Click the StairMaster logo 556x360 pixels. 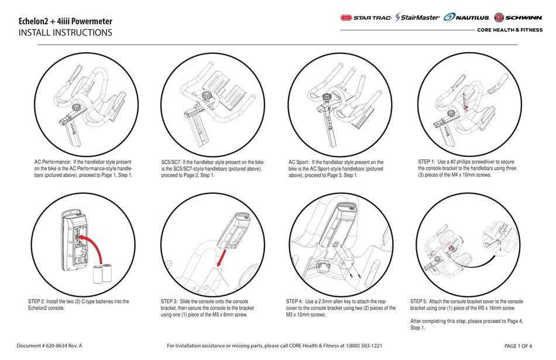pyautogui.click(x=417, y=18)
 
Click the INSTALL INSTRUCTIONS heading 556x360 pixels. pyautogui.click(x=65, y=33)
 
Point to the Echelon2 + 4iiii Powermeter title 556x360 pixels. pyautogui.click(x=65, y=22)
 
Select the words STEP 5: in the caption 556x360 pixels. pyautogui.click(x=424, y=301)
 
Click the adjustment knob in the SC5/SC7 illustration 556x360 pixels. pyautogui.click(x=207, y=95)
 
